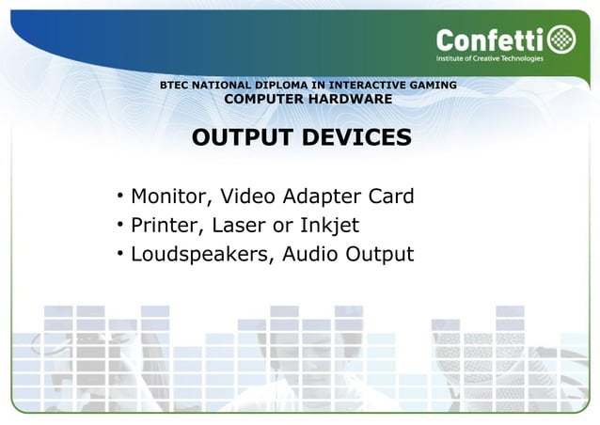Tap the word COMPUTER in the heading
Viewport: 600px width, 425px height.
264,100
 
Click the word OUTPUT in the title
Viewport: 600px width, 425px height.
240,138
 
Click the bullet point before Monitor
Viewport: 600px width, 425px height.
120,196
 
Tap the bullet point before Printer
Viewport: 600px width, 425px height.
120,224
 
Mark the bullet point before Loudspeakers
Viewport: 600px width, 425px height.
120,252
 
